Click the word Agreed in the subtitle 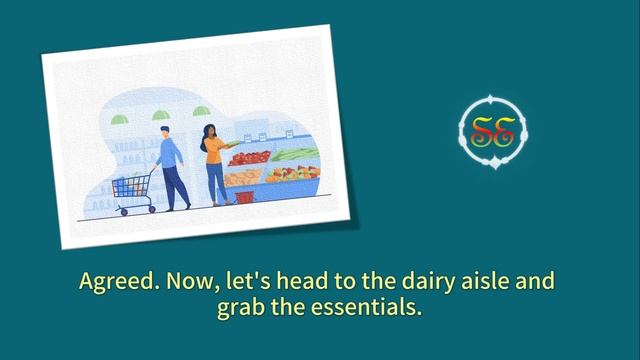click(x=113, y=282)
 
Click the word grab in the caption click(x=240, y=307)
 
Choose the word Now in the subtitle click(x=187, y=282)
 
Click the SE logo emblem click(x=492, y=131)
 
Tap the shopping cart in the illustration click(x=134, y=187)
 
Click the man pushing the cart click(x=170, y=165)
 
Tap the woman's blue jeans click(x=216, y=183)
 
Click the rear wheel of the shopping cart click(x=122, y=210)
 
